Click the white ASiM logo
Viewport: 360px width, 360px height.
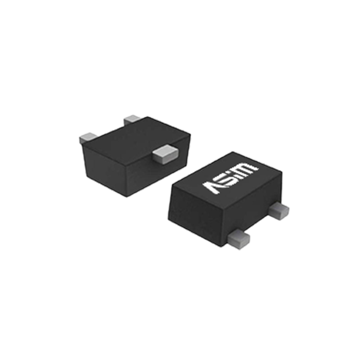pyautogui.click(x=230, y=176)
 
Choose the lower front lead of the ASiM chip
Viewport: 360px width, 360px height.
pyautogui.click(x=237, y=237)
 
